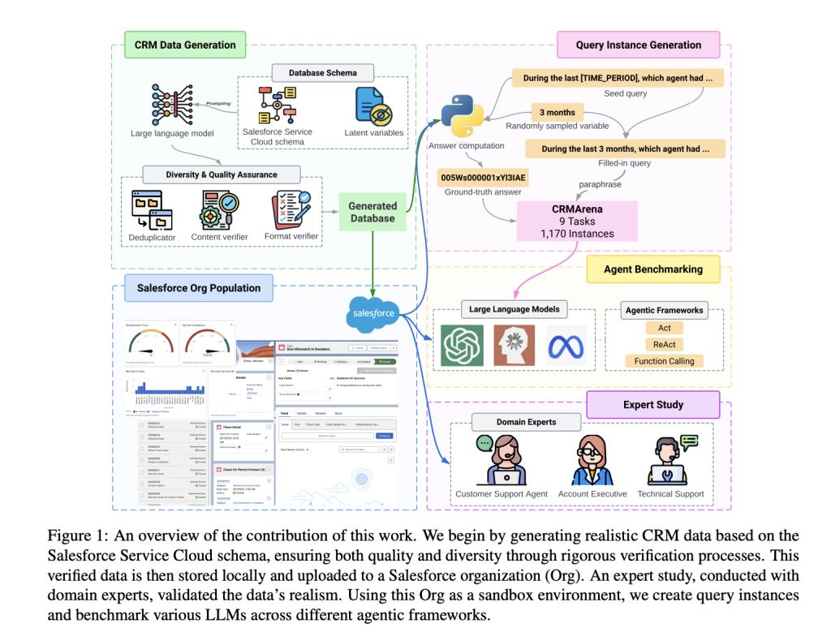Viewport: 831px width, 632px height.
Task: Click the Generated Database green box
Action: point(372,212)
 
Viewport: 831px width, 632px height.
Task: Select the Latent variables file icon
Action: point(374,106)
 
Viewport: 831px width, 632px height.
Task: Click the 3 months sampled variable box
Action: point(557,112)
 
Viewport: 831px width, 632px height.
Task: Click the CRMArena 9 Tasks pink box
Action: point(576,221)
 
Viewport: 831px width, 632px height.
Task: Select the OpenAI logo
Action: point(462,345)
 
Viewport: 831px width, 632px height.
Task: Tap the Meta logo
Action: point(566,346)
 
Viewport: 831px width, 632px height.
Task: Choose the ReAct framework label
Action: point(664,345)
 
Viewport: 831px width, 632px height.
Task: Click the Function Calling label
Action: point(664,361)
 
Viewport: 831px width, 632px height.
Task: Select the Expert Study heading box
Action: point(653,404)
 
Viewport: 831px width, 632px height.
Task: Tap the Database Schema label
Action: point(322,73)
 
